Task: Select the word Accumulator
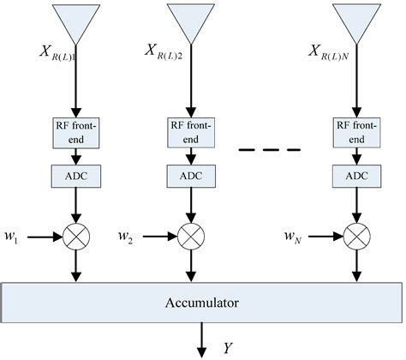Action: point(201,302)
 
